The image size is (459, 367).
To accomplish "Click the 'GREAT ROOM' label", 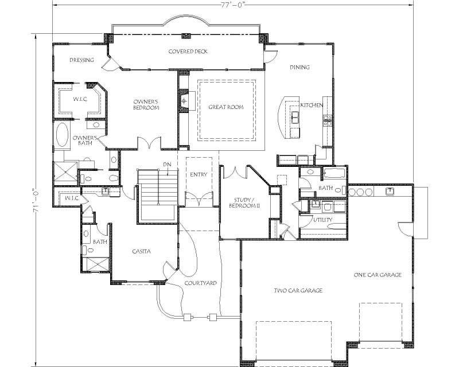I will click(225, 107).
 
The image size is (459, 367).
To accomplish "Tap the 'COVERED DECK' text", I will click(188, 52).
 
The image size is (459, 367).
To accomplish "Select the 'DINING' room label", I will click(299, 68).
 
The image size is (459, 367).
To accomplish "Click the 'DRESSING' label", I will click(81, 60).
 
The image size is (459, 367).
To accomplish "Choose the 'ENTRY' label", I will click(198, 175).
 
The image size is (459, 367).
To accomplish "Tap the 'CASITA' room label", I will click(141, 251).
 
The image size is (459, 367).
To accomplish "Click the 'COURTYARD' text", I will click(199, 283).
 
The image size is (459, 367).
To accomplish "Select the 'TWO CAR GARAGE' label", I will click(298, 291).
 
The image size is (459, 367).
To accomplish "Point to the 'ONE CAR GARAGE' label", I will click(377, 275).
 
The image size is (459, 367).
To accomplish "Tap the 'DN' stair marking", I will click(167, 165).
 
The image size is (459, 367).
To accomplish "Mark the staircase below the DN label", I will click(157, 195).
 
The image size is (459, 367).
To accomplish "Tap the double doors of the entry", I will click(197, 200).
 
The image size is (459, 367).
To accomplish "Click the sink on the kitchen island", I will click(295, 117).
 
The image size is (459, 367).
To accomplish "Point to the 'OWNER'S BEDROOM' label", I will click(146, 105).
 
